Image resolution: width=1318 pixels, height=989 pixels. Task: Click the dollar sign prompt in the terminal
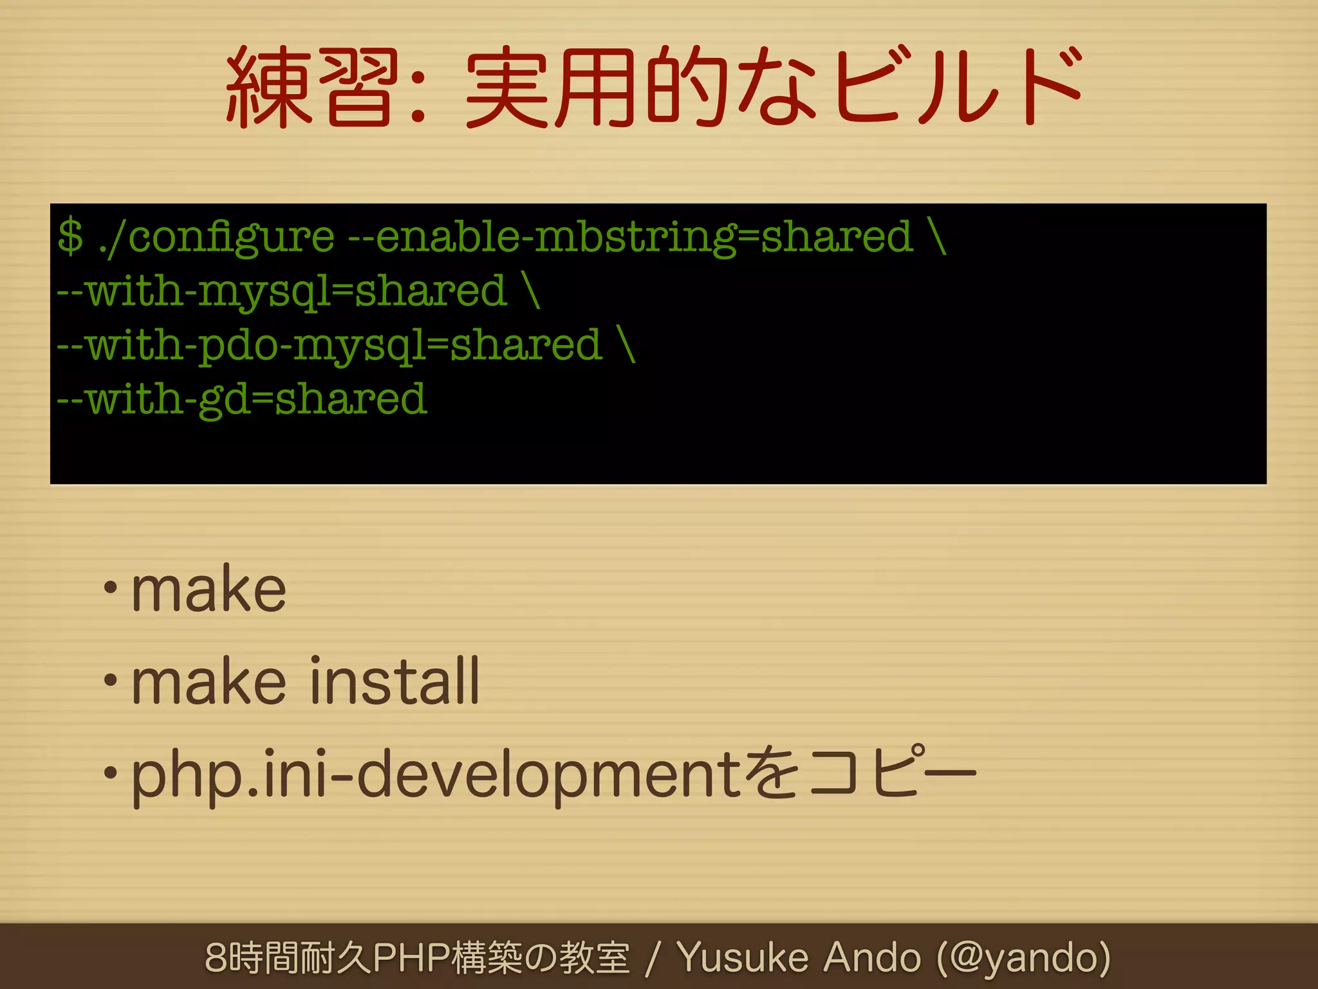pyautogui.click(x=70, y=236)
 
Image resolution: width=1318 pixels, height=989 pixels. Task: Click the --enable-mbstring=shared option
pyautogui.click(x=631, y=237)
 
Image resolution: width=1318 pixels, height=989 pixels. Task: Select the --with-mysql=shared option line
pyautogui.click(x=282, y=292)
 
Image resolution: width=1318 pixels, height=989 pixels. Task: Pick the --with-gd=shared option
pyautogui.click(x=242, y=400)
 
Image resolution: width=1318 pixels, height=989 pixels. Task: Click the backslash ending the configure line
pyautogui.click(x=938, y=236)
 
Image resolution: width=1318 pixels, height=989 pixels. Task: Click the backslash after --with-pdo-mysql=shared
pyautogui.click(x=627, y=346)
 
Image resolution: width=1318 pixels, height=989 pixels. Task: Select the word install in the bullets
pyautogui.click(x=394, y=681)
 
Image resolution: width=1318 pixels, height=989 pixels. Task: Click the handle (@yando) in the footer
pyautogui.click(x=1023, y=959)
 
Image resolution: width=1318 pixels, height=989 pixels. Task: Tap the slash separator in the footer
pyautogui.click(x=653, y=959)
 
